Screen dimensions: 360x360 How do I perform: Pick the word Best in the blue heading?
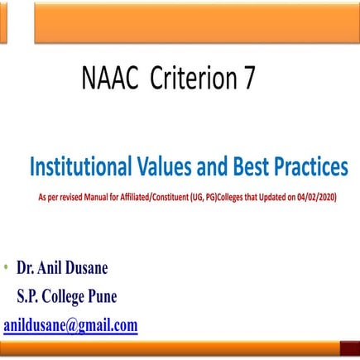pos(241,168)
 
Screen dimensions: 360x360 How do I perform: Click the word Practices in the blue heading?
pos(306,168)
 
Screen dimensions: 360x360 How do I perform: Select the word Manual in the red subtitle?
pos(106,198)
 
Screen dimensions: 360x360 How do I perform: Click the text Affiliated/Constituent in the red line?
pos(162,198)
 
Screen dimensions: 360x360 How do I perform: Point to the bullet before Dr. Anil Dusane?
pos(6,268)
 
